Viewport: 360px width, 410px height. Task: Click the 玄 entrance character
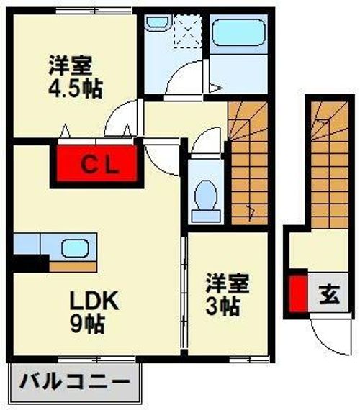point(328,294)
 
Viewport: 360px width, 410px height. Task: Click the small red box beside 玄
point(296,293)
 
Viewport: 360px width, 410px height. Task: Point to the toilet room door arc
point(204,139)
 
